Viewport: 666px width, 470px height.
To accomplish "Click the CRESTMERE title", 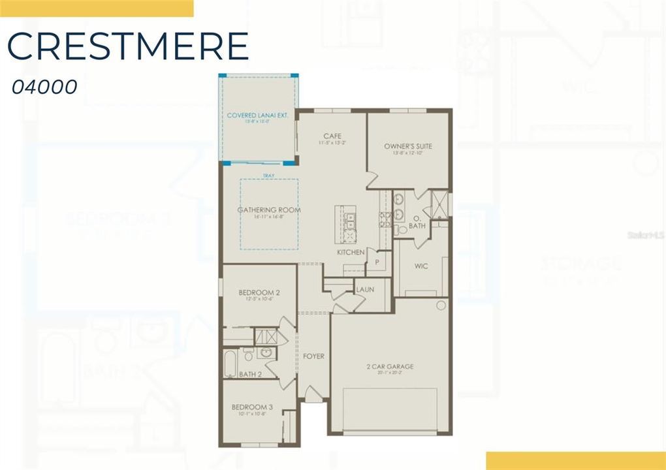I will (x=128, y=46).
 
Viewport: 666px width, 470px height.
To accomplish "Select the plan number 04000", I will (x=44, y=87).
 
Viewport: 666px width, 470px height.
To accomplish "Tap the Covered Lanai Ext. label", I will (x=257, y=116).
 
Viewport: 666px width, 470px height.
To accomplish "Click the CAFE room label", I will (x=332, y=136).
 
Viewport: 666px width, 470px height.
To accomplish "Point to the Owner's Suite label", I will (x=408, y=146).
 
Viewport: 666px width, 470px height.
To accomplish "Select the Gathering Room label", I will (x=269, y=210).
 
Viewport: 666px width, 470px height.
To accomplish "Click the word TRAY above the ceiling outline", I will (x=268, y=176).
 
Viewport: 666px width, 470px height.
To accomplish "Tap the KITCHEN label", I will (x=351, y=252).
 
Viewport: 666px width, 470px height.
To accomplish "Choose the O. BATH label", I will (x=417, y=223).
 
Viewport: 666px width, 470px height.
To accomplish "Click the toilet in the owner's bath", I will (x=402, y=229).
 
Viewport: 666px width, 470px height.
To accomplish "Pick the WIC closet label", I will (x=420, y=266).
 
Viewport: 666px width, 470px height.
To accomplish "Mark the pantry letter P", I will (x=377, y=262).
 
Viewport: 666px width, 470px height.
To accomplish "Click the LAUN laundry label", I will (x=364, y=288).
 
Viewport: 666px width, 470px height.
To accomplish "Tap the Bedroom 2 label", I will (x=259, y=292).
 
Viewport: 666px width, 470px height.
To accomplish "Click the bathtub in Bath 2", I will (x=230, y=363).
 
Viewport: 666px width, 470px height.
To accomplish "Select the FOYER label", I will (x=313, y=356).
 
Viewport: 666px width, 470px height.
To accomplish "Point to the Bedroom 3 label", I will (x=252, y=407).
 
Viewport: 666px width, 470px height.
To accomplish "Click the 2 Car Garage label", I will (x=390, y=367).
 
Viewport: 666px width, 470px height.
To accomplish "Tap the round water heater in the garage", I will (x=441, y=305).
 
